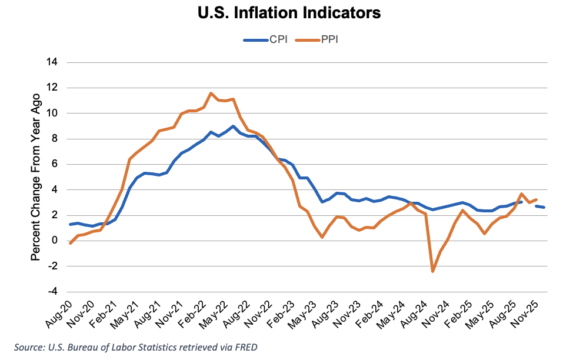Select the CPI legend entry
click(x=272, y=41)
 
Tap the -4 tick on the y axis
click(x=52, y=292)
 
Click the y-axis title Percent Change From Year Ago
click(x=36, y=177)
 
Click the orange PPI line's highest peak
click(x=211, y=93)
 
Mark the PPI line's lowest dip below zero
click(x=433, y=271)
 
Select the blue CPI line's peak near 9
click(x=233, y=126)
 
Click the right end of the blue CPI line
click(x=544, y=208)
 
